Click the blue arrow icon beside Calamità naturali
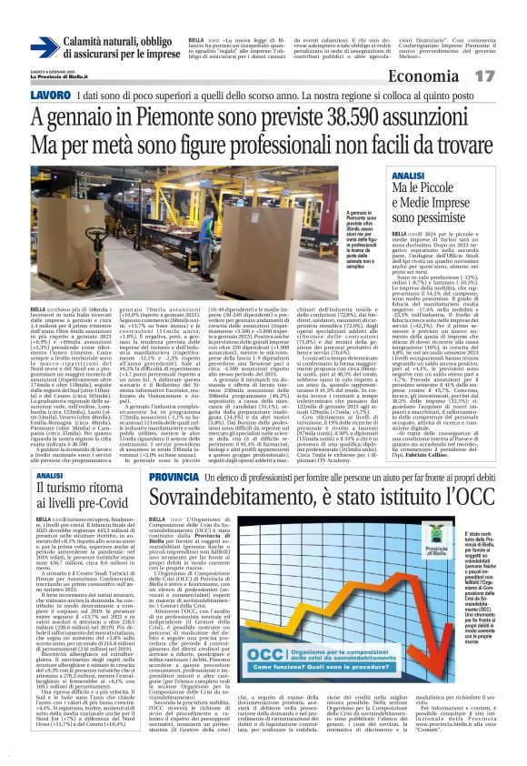(44, 46)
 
